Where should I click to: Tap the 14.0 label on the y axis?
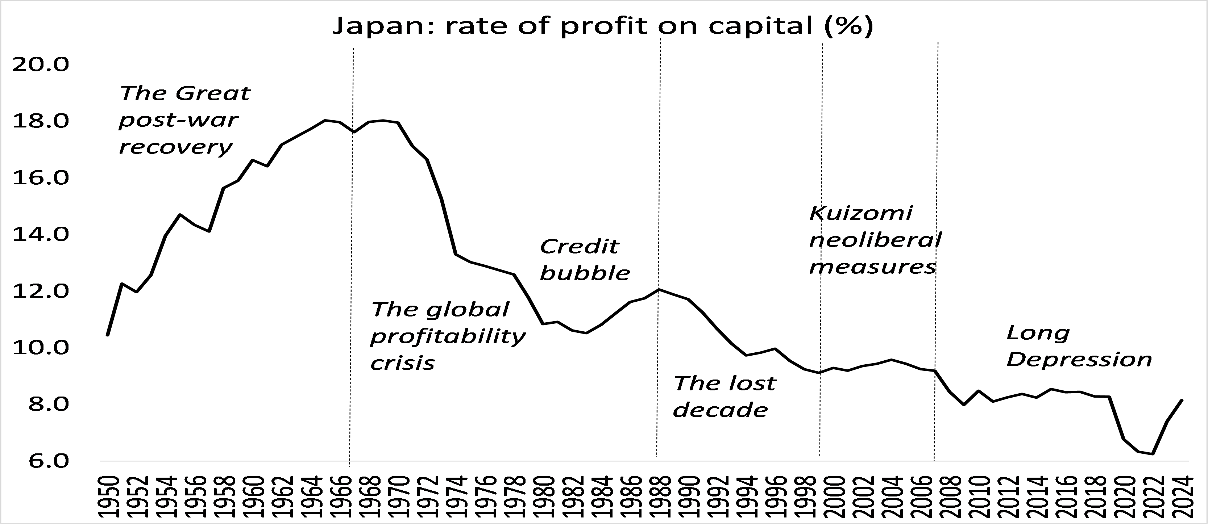(x=40, y=234)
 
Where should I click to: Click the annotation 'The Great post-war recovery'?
(x=184, y=120)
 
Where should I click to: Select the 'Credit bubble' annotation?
(x=585, y=260)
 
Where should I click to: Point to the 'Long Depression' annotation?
(x=1079, y=346)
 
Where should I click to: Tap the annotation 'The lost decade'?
(x=725, y=397)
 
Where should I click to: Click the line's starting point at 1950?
(x=108, y=335)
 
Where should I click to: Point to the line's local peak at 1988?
(x=659, y=289)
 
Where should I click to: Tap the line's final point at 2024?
(x=1182, y=400)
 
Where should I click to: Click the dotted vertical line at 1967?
(x=351, y=281)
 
